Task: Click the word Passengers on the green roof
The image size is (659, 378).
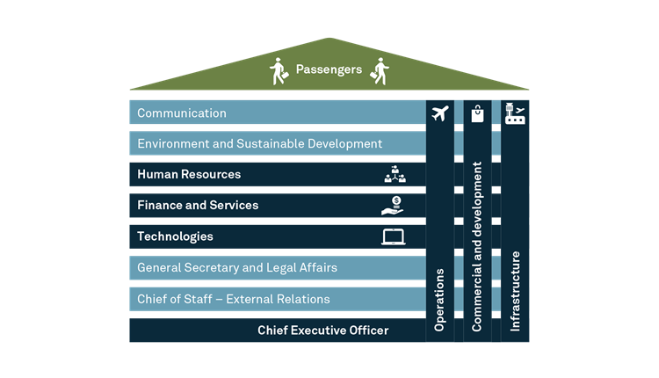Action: coord(329,69)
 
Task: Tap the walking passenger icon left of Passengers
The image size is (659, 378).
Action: coord(279,71)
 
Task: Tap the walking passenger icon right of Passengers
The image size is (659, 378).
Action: coord(380,71)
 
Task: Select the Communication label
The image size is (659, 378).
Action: coord(182,113)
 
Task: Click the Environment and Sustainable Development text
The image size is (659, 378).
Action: coord(260,144)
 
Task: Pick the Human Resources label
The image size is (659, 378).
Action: coord(189,174)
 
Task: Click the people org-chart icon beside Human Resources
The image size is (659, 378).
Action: coord(395,174)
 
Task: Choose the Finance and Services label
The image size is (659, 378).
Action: coord(198,205)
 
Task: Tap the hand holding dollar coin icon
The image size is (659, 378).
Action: coord(393,206)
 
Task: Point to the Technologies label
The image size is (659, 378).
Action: coord(175,236)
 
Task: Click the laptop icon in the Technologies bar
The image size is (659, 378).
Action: coord(394,236)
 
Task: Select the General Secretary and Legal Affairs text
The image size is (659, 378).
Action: coord(237,268)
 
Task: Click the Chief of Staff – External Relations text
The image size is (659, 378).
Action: coord(233,299)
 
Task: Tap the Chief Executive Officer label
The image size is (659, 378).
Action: coord(322,331)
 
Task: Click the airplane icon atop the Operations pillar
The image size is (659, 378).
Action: coord(440,113)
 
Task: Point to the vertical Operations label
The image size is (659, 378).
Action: coord(439,300)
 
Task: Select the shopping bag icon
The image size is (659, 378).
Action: coord(477,113)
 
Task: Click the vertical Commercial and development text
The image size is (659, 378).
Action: coord(477,246)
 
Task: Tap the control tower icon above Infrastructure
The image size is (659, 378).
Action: coord(515,113)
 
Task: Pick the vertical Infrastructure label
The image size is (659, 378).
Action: coord(515,291)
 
